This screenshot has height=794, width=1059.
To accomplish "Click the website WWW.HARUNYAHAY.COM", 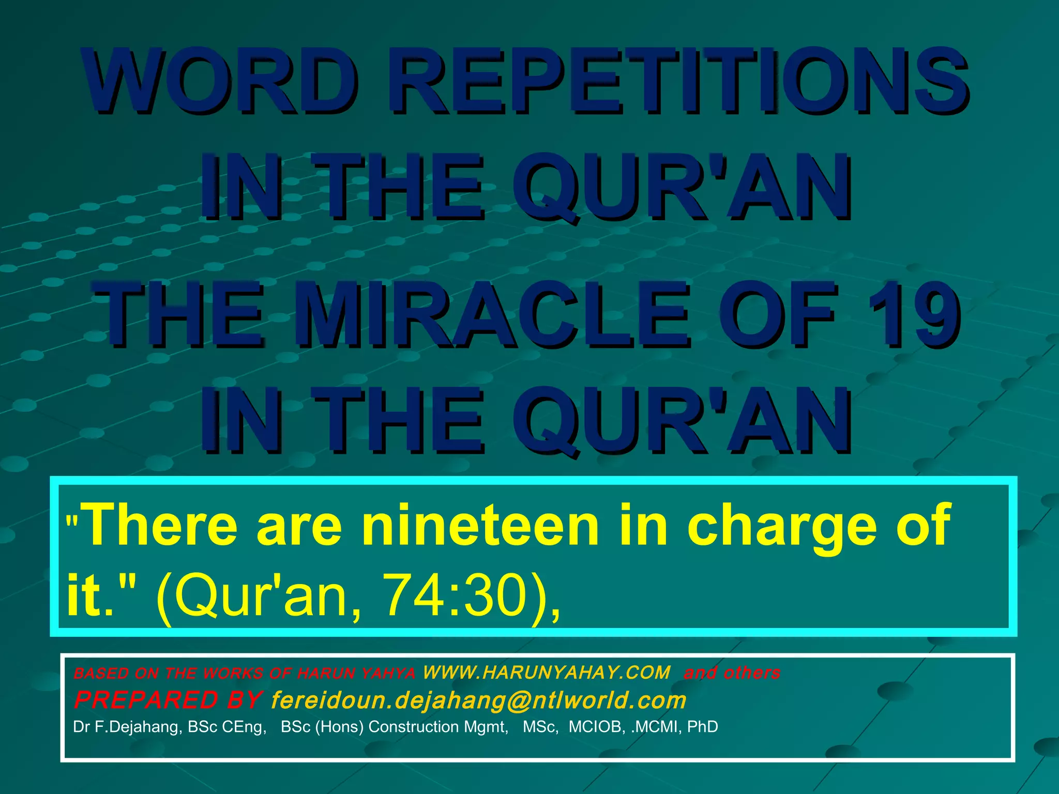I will (547, 673).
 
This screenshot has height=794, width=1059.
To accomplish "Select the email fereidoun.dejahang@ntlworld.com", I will (479, 700).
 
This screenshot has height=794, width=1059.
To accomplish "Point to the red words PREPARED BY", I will (168, 700).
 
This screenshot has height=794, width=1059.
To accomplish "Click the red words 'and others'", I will (732, 673).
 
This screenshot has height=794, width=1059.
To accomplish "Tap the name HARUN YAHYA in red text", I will (356, 673).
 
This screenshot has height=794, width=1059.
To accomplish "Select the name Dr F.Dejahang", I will (127, 727).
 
